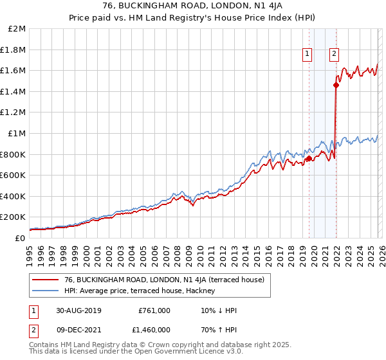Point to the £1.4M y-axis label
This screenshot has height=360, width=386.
[x=14, y=91]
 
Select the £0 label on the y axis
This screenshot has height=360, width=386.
[x=21, y=238]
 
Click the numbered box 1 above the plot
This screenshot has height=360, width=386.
[x=308, y=55]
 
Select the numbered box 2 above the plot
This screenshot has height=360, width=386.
[x=335, y=55]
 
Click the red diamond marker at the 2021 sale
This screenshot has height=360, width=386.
[x=336, y=85]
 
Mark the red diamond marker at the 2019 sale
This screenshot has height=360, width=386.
[x=309, y=158]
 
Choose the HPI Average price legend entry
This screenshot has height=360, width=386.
[x=143, y=291]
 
